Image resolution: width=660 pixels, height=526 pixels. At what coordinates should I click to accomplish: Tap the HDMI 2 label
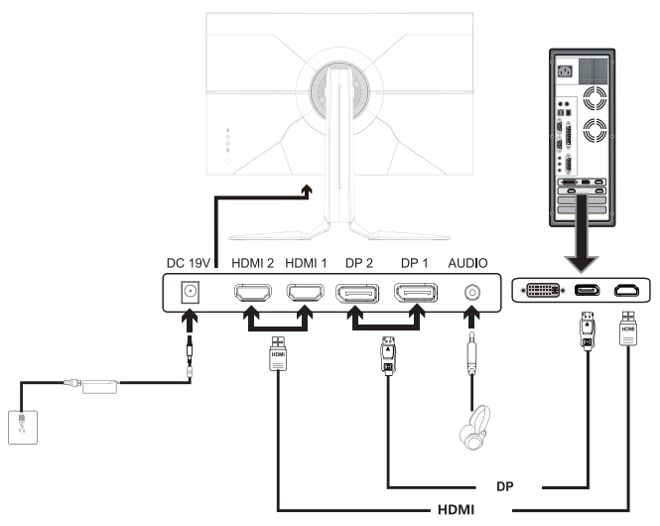(x=253, y=264)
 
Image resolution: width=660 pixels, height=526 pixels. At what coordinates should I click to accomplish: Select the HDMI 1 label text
(x=307, y=264)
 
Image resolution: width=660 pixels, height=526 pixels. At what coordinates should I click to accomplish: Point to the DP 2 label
(x=359, y=264)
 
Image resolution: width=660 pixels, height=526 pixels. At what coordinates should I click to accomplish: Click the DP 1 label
(x=415, y=264)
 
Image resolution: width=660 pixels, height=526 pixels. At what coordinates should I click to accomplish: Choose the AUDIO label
(x=469, y=264)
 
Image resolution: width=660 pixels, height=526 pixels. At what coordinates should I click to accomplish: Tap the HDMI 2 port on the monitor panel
(x=253, y=293)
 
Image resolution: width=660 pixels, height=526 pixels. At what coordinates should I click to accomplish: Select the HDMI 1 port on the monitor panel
(x=307, y=293)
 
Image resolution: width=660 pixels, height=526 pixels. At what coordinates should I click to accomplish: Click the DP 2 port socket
(x=359, y=293)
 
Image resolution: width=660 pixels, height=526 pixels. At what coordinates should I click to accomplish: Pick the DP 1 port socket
(x=416, y=293)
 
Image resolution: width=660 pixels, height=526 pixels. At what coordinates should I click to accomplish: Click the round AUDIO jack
(x=470, y=293)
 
